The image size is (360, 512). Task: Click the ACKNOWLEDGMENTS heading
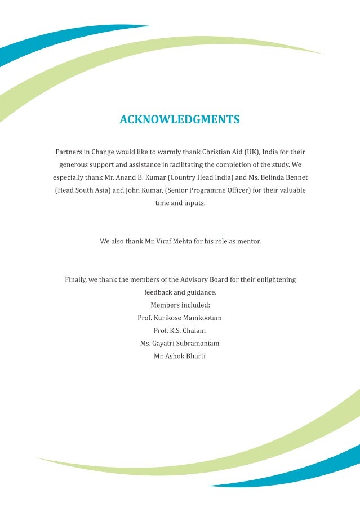click(x=180, y=120)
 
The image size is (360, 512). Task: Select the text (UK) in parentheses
click(x=251, y=152)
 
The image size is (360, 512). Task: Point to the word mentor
click(x=248, y=241)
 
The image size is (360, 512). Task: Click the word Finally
click(x=76, y=279)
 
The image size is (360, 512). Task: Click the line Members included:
click(x=180, y=305)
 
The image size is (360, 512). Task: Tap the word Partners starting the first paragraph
click(x=68, y=152)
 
